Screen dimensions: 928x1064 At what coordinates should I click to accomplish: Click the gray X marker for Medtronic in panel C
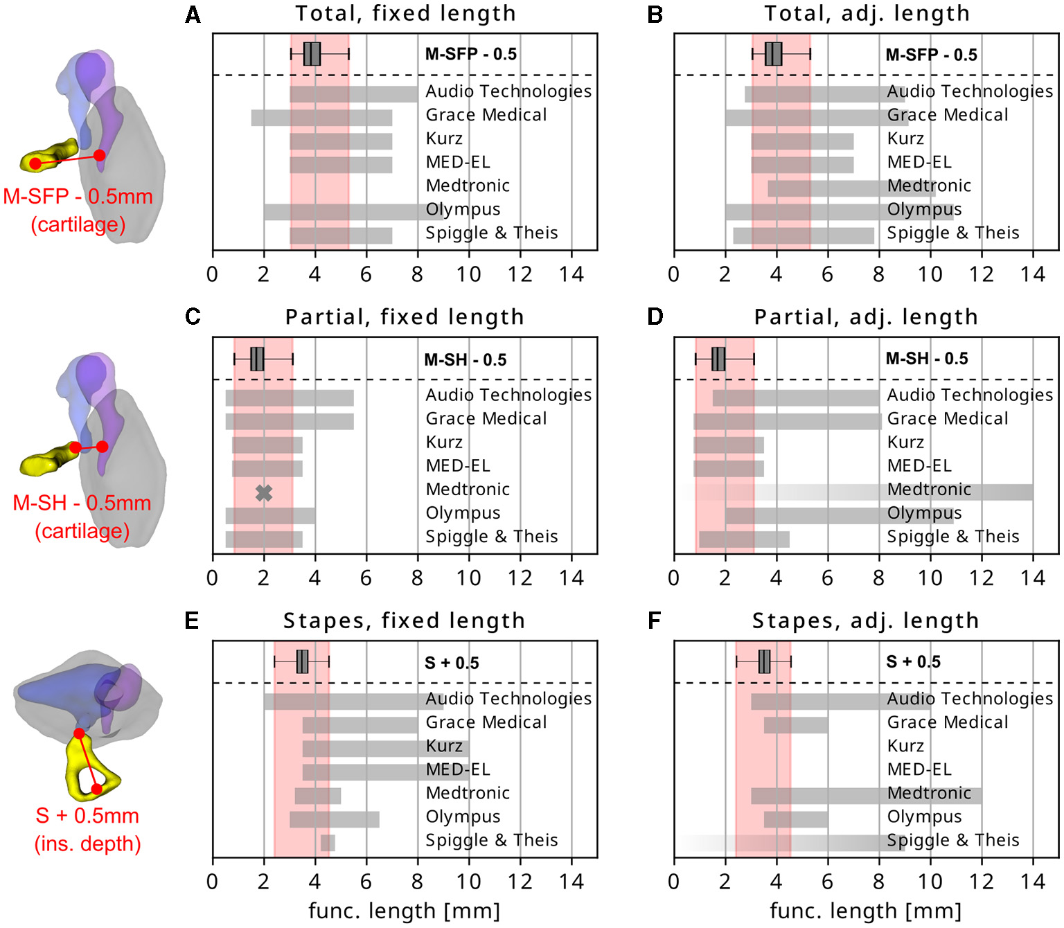coord(263,493)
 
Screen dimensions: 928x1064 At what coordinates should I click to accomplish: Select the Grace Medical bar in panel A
coord(321,118)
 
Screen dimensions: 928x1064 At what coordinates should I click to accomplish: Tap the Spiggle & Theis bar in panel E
coord(328,843)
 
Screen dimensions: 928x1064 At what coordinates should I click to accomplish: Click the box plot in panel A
coord(312,54)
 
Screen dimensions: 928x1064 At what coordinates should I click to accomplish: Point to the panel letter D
coord(655,317)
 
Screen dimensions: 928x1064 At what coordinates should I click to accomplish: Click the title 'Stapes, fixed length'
coord(404,621)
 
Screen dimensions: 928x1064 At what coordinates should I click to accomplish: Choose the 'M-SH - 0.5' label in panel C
coord(465,360)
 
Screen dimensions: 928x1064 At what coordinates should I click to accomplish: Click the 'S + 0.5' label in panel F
coord(913,662)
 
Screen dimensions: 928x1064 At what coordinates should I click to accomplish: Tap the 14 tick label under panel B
coord(1032,274)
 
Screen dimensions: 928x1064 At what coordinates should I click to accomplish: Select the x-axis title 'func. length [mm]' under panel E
coord(404,911)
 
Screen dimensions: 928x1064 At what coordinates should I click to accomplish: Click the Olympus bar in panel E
coord(334,819)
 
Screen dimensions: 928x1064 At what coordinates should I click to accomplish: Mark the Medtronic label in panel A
coord(468,186)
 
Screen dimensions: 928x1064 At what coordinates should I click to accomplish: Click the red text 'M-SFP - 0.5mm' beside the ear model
coord(78,197)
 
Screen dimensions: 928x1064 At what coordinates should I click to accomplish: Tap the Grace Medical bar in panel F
coord(796,725)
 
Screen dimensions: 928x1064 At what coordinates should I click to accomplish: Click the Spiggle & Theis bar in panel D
coord(744,539)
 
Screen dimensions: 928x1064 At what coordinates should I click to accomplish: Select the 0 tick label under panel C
coord(212,578)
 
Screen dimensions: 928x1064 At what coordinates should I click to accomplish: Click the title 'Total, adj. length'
coord(867,14)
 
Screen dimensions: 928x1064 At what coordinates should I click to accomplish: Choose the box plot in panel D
coord(718,359)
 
